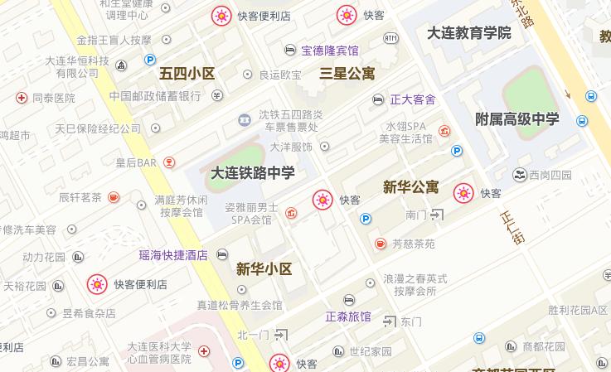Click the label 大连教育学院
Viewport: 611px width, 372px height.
[468, 33]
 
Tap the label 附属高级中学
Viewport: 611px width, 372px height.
[517, 119]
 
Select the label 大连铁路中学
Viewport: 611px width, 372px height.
[252, 173]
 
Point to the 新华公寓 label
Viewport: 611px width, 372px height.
[410, 187]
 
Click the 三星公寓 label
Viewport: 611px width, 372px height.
[347, 73]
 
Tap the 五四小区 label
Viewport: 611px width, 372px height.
[187, 73]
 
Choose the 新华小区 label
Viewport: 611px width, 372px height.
[264, 268]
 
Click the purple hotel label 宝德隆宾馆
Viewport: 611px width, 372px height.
[330, 51]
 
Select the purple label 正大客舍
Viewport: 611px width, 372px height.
[413, 99]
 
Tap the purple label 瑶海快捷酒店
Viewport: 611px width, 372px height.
[173, 255]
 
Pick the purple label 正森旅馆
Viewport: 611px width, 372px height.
[348, 316]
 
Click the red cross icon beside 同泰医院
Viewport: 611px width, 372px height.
[22, 98]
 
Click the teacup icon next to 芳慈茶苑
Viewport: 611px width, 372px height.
[380, 244]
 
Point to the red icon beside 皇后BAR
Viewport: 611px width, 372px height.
[169, 162]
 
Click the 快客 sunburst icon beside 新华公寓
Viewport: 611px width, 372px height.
[463, 193]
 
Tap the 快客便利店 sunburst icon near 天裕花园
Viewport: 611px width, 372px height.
[97, 285]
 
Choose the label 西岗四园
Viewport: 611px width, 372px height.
[550, 175]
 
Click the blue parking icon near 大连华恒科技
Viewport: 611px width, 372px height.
[150, 60]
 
